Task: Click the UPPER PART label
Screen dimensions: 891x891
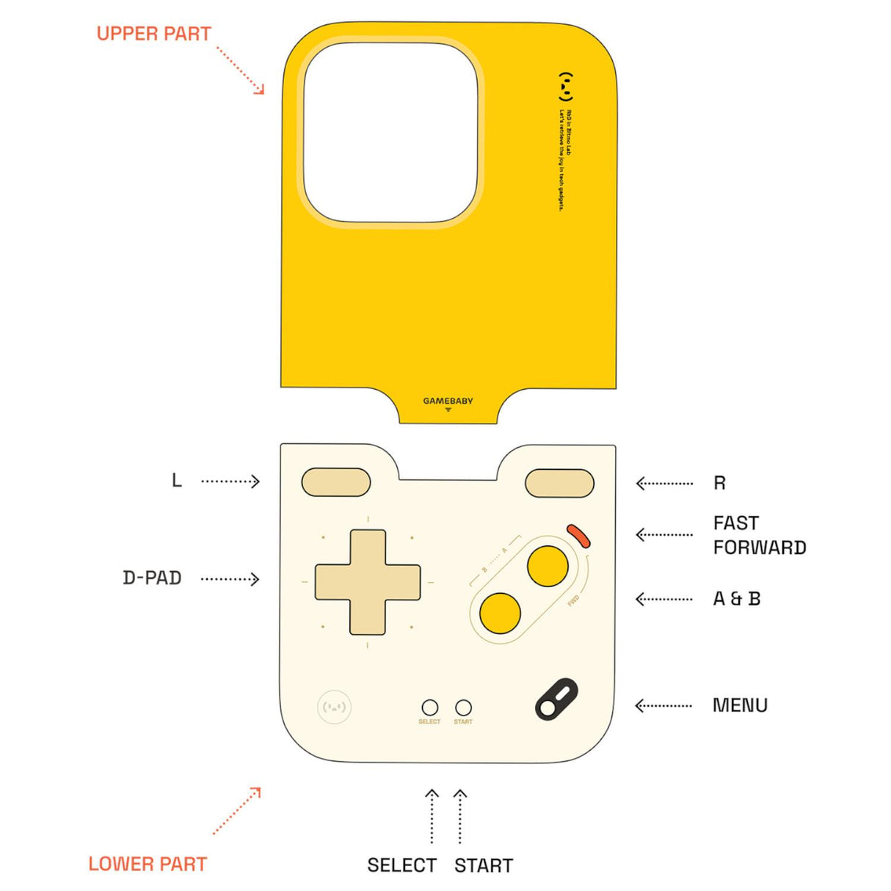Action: point(153,34)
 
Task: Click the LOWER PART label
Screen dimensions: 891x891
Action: point(148,864)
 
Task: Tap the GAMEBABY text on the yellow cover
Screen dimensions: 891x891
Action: point(448,401)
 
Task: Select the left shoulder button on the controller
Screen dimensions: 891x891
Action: point(336,482)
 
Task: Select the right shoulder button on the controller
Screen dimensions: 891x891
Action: point(559,484)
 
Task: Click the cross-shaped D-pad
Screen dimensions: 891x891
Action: point(368,582)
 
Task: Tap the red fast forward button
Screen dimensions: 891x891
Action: point(578,536)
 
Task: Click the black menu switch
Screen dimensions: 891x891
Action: point(556,699)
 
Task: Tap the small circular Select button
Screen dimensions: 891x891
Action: point(430,708)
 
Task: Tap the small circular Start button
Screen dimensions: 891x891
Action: point(463,708)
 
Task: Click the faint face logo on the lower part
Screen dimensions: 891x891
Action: point(334,708)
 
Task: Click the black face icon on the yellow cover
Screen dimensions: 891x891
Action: point(565,87)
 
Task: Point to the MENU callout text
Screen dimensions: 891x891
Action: point(740,705)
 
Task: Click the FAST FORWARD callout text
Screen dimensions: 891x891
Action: point(759,535)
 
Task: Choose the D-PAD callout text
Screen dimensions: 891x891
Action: point(152,578)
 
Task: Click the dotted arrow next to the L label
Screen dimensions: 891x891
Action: point(230,481)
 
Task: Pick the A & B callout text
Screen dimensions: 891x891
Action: point(736,599)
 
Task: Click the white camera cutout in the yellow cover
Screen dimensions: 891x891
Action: point(390,132)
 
